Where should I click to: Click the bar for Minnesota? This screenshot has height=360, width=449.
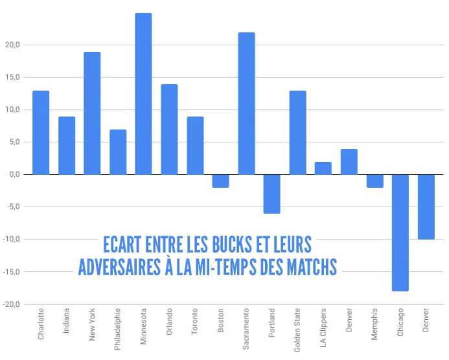143,94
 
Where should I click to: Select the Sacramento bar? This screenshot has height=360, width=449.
246,104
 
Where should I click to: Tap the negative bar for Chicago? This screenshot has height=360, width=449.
400,232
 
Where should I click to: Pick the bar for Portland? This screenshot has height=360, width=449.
272,194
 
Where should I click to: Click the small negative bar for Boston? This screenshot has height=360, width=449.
220,181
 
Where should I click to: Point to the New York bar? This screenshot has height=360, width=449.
92,113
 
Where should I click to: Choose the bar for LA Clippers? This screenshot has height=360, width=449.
323,168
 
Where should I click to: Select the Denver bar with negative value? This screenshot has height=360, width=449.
426,207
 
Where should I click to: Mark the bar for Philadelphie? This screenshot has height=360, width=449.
118,152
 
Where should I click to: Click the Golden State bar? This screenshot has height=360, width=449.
297,133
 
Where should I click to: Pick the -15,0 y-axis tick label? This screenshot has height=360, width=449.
11,272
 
